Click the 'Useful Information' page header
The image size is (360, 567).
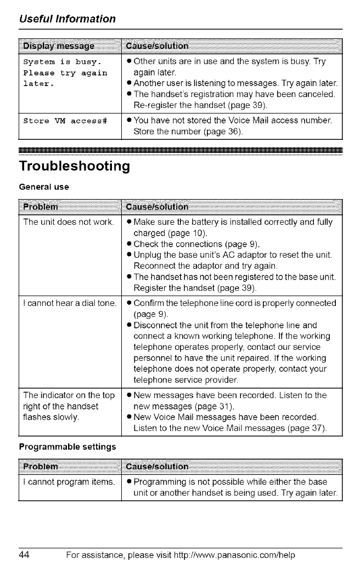pos(67,19)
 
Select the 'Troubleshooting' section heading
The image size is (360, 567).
pos(74,166)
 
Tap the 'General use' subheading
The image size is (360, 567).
pos(44,187)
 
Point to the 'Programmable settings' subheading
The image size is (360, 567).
pos(67,446)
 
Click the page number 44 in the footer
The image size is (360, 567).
pos(25,554)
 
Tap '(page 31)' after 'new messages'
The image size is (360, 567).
pos(205,406)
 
